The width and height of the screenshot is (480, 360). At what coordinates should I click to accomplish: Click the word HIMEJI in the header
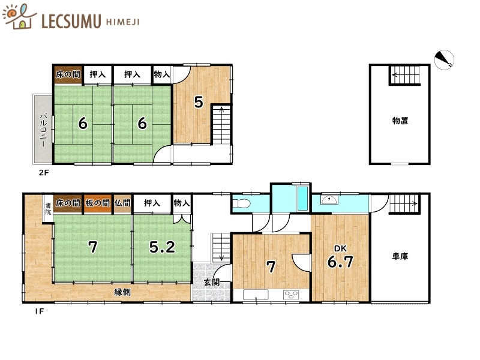click(122, 22)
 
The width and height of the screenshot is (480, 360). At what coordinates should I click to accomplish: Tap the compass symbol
click(444, 59)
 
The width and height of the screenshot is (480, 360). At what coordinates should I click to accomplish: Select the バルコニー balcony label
click(43, 130)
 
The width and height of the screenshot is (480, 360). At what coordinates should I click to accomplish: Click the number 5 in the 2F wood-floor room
click(199, 102)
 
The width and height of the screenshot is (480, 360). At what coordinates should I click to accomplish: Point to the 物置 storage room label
click(400, 121)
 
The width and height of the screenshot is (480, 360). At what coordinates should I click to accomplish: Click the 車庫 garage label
click(400, 256)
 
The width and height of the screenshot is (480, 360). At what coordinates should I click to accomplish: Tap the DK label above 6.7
click(340, 248)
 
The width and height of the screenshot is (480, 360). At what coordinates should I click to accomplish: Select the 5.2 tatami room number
click(162, 247)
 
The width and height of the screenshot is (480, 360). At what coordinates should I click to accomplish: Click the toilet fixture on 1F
click(242, 203)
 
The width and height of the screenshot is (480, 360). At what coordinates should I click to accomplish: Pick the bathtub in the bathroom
click(302, 199)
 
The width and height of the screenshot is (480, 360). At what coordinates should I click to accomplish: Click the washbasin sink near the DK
click(329, 200)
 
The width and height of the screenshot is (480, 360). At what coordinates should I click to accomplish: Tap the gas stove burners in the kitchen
click(291, 295)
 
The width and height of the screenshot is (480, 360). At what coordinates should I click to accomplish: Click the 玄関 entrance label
click(212, 282)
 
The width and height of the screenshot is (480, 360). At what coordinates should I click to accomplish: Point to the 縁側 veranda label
click(122, 292)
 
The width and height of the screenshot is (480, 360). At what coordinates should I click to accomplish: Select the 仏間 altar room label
click(122, 203)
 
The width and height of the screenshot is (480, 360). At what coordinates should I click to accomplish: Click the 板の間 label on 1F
click(98, 203)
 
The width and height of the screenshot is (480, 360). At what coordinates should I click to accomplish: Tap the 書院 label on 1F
click(48, 208)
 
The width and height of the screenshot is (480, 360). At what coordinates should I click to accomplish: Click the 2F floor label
click(44, 173)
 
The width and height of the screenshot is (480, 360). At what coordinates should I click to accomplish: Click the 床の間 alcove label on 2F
click(68, 74)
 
